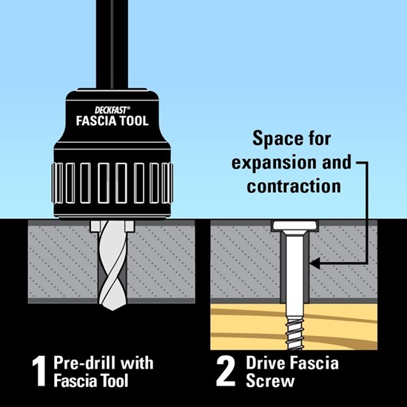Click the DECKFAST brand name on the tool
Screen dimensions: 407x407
click(x=111, y=110)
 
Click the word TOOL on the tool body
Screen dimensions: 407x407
click(x=131, y=121)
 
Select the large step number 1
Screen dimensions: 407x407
click(x=39, y=371)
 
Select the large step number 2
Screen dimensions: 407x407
click(x=225, y=371)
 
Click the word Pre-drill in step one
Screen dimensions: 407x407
click(x=84, y=363)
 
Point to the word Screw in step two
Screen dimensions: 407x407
click(x=270, y=381)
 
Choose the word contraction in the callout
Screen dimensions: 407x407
click(x=294, y=186)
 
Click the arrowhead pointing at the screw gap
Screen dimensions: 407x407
click(x=314, y=263)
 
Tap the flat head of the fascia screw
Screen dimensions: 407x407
click(x=295, y=226)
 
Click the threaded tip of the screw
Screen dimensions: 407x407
click(x=295, y=334)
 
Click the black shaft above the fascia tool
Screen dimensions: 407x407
click(x=112, y=44)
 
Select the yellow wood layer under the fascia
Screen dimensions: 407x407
click(x=294, y=327)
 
